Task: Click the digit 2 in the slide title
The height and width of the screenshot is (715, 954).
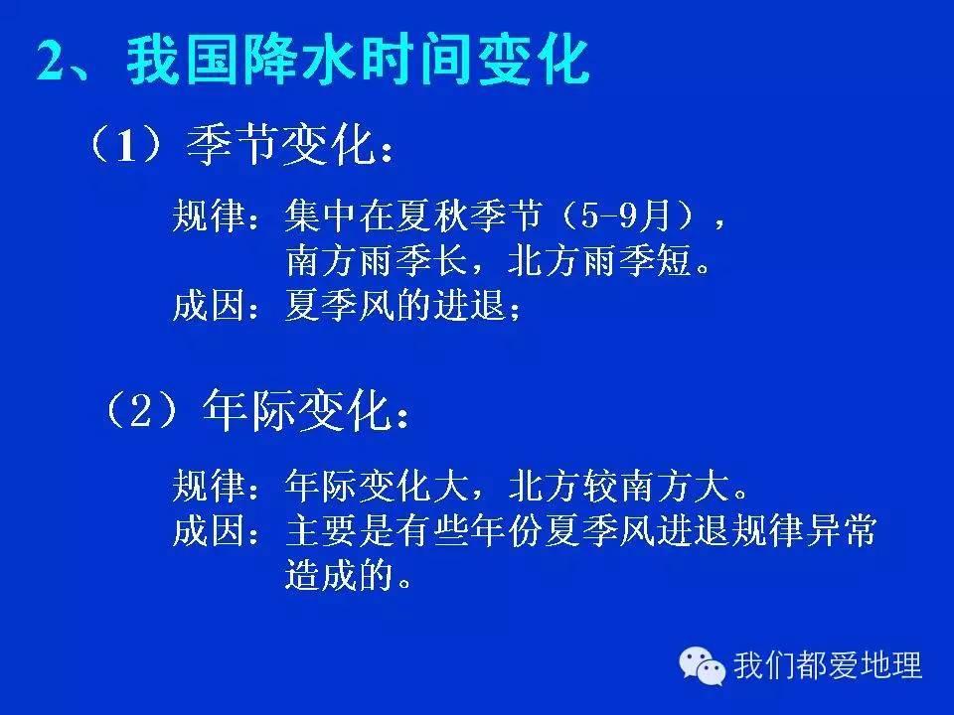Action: point(52,62)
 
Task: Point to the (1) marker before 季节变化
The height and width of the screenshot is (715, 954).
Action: point(125,148)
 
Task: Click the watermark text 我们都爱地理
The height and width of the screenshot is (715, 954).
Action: point(828,664)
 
